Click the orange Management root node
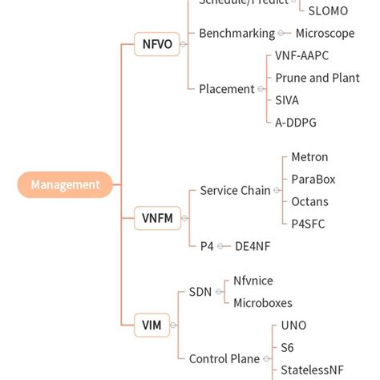(x=65, y=185)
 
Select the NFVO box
(x=157, y=44)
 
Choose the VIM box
(x=152, y=325)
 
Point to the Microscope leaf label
(x=325, y=34)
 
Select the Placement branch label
(x=227, y=89)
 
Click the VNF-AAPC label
(x=301, y=56)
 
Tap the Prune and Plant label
(x=317, y=78)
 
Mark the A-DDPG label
(x=296, y=122)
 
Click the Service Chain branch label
(x=235, y=191)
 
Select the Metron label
(x=309, y=157)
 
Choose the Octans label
(x=309, y=201)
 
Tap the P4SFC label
(x=308, y=224)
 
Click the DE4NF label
(x=253, y=246)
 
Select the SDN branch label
(x=200, y=292)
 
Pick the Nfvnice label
(x=253, y=281)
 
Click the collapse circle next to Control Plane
(x=265, y=359)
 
